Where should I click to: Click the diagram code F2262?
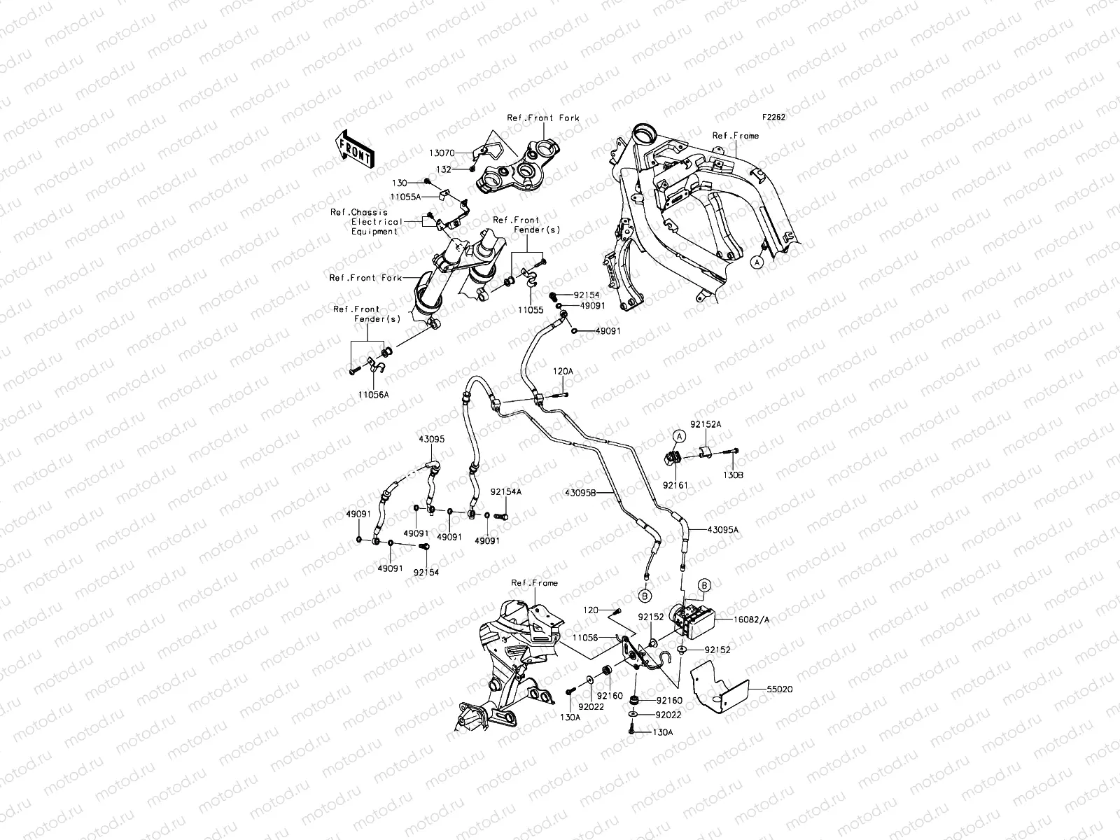coord(773,118)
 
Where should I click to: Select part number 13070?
coord(442,153)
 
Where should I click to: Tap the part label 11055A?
coord(405,197)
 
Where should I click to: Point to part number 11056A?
coord(373,395)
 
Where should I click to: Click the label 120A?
coord(563,372)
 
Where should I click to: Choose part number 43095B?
coord(581,493)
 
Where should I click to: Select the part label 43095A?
coord(722,530)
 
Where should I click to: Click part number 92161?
coord(675,486)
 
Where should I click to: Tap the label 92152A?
coord(706,424)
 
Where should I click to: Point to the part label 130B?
coord(733,475)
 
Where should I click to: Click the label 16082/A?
coord(752,619)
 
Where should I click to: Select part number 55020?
coord(780,689)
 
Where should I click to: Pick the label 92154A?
coord(505,492)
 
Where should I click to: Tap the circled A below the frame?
coord(757,262)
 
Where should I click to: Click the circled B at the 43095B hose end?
coord(645,596)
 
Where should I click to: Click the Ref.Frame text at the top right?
coord(735,136)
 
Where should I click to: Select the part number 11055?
coord(531,310)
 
